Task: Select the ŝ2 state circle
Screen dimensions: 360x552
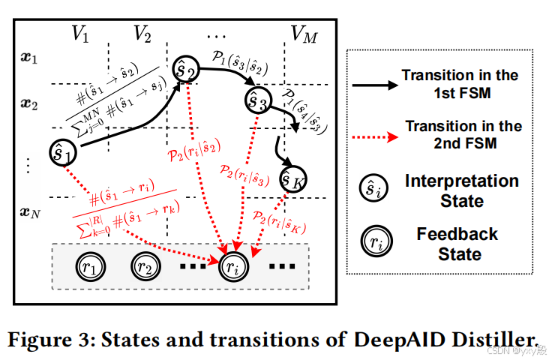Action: point(186,70)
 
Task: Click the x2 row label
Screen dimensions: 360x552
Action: point(28,103)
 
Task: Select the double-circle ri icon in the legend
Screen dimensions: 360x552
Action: point(373,244)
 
